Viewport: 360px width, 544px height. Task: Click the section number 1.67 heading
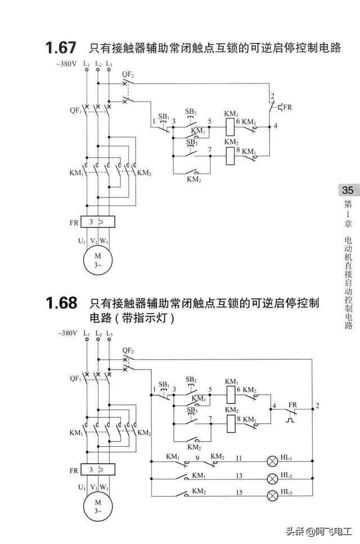point(62,48)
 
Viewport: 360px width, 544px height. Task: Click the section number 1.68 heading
point(62,303)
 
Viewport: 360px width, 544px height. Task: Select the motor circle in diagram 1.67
point(98,260)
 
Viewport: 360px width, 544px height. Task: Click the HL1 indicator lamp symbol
point(272,461)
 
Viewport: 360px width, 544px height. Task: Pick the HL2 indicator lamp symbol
point(272,479)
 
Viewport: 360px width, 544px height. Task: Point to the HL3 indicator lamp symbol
point(272,495)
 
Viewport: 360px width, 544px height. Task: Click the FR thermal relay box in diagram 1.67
point(98,223)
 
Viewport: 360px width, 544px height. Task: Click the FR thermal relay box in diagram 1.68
point(98,469)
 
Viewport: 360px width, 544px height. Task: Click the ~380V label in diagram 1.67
point(66,64)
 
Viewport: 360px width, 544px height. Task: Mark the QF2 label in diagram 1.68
point(128,350)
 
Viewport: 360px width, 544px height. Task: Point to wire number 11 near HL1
point(238,458)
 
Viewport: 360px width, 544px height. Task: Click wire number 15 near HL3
point(238,492)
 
